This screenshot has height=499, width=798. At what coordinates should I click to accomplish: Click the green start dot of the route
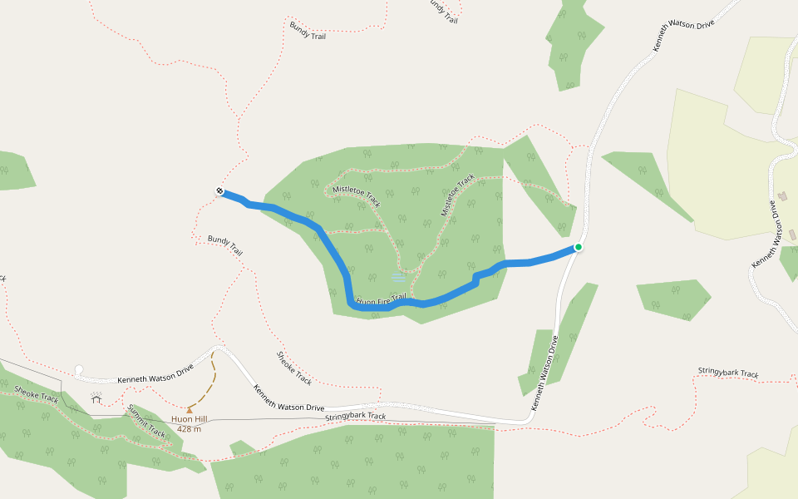[x=578, y=247]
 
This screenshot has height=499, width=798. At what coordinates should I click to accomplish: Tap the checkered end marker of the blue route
[x=219, y=192]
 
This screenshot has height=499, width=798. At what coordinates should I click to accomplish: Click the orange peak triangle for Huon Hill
[x=189, y=409]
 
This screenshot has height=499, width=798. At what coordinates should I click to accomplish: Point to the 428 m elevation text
[x=189, y=429]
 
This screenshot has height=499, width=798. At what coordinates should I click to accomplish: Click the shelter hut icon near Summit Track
[x=96, y=399]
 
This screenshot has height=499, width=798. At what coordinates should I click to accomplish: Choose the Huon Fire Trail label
[x=381, y=299]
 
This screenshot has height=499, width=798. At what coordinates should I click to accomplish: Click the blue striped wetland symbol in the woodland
[x=399, y=277]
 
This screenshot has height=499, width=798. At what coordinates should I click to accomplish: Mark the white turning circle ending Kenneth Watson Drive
[x=79, y=370]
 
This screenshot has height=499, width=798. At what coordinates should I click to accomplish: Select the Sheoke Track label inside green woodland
[x=37, y=393]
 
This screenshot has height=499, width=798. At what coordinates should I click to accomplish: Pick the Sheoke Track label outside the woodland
[x=293, y=368]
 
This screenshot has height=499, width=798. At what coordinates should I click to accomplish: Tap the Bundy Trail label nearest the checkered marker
[x=225, y=245]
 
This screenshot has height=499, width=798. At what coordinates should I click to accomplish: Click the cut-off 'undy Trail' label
[x=442, y=11]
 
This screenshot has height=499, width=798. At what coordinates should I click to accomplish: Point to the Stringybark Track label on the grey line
[x=356, y=416]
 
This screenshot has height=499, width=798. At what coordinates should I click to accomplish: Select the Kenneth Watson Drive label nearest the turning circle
[x=155, y=372]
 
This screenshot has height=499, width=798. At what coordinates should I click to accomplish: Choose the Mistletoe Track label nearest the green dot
[x=458, y=195]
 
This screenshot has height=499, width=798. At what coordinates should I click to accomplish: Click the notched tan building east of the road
[x=783, y=197]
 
